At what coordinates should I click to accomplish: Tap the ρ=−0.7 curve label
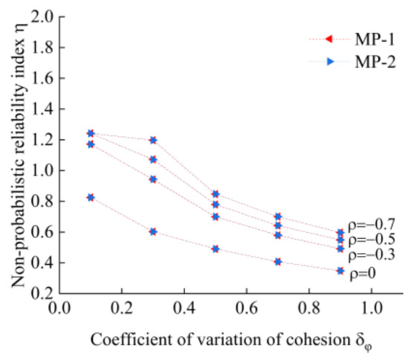tap(373, 224)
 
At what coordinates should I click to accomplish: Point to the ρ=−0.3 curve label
tap(373, 254)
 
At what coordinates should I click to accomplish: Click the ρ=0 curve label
tap(365, 273)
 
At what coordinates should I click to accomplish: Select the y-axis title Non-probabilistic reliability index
tap(16, 152)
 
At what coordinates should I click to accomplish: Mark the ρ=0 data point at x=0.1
tap(91, 197)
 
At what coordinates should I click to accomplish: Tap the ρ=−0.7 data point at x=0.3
tap(153, 140)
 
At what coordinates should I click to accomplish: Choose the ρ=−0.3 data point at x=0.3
tap(153, 179)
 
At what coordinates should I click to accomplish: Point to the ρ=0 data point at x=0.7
tap(278, 262)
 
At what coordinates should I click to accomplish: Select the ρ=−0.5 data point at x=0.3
tap(153, 159)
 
